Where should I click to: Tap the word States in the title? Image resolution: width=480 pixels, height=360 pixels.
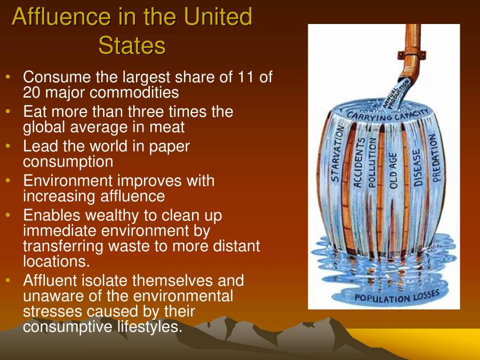pos(132,46)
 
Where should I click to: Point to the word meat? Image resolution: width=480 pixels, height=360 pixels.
pos(168,127)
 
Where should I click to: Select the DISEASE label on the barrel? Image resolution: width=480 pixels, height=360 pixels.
pos(417,165)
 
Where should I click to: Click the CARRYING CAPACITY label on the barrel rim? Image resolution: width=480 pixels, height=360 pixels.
pos(387,114)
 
